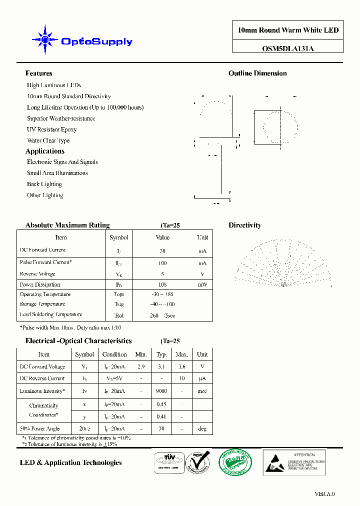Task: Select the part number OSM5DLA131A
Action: tap(287, 49)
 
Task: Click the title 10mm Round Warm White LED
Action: tap(288, 30)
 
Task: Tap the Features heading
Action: tap(38, 73)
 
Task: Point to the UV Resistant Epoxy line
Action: tap(52, 129)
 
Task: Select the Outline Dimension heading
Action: tap(257, 73)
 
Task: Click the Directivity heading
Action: tap(245, 225)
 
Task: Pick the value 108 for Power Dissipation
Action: tap(162, 284)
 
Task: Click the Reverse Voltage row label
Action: tap(37, 274)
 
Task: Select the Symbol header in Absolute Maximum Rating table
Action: tap(119, 237)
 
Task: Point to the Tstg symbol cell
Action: tap(119, 304)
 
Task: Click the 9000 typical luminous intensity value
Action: tap(161, 391)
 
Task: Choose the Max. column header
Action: tap(181, 354)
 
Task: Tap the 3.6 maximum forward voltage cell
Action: tap(181, 366)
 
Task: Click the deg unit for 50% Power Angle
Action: tap(202, 429)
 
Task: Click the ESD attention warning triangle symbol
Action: tap(276, 461)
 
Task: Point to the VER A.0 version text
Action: tap(324, 494)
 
